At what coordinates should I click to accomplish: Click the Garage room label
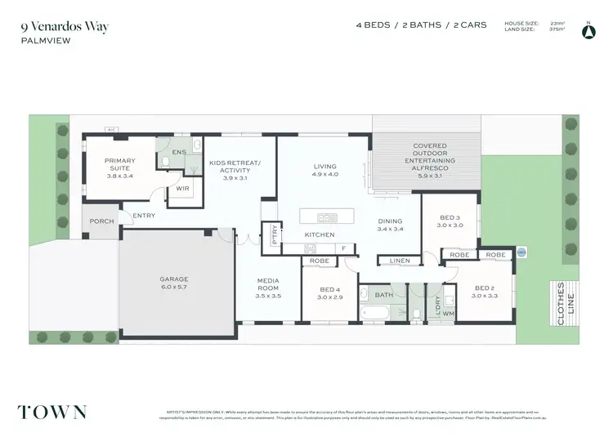tap(173, 283)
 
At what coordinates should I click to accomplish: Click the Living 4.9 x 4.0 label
tap(325, 170)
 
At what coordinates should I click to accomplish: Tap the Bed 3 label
tap(450, 221)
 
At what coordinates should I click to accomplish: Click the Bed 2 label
tap(484, 291)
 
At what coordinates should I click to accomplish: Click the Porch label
tap(101, 221)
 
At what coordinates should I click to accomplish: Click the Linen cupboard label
tap(399, 261)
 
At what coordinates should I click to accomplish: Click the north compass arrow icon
tap(586, 31)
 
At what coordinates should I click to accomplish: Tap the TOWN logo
tap(52, 412)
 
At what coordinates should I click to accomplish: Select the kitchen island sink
tap(327, 217)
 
